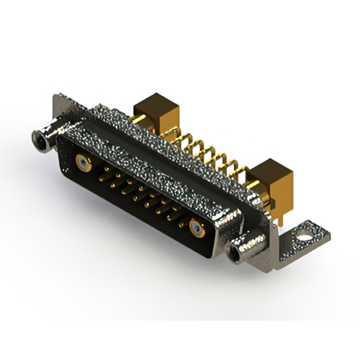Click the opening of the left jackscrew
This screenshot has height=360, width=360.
click(x=39, y=136)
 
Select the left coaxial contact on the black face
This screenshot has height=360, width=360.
click(x=83, y=164)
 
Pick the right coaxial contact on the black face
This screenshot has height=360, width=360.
click(x=196, y=228)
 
